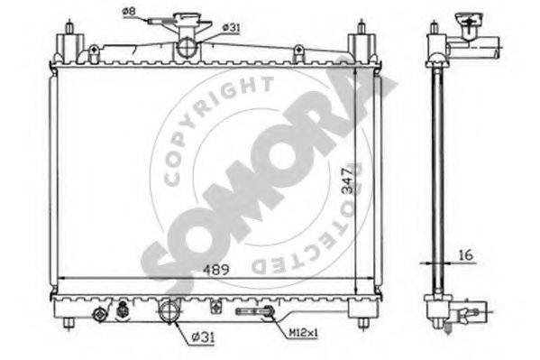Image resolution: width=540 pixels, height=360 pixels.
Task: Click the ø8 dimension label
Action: pos(130,12)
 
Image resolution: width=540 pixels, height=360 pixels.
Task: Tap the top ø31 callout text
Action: pos(231,28)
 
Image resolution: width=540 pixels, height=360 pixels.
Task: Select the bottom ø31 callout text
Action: pos(203,337)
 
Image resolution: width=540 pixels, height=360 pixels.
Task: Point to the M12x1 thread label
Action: pos(303,333)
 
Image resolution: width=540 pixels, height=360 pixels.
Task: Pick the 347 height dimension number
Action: pos(349,180)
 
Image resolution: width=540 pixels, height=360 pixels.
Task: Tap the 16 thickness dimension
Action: pos(466,255)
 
